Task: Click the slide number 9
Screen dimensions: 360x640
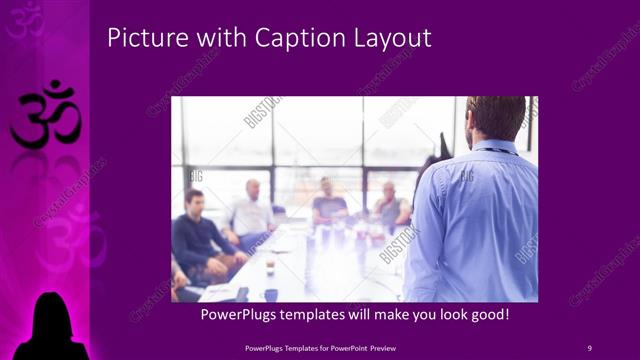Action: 589,347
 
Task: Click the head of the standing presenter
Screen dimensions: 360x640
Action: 496,118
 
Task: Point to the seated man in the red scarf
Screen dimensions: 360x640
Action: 391,207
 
